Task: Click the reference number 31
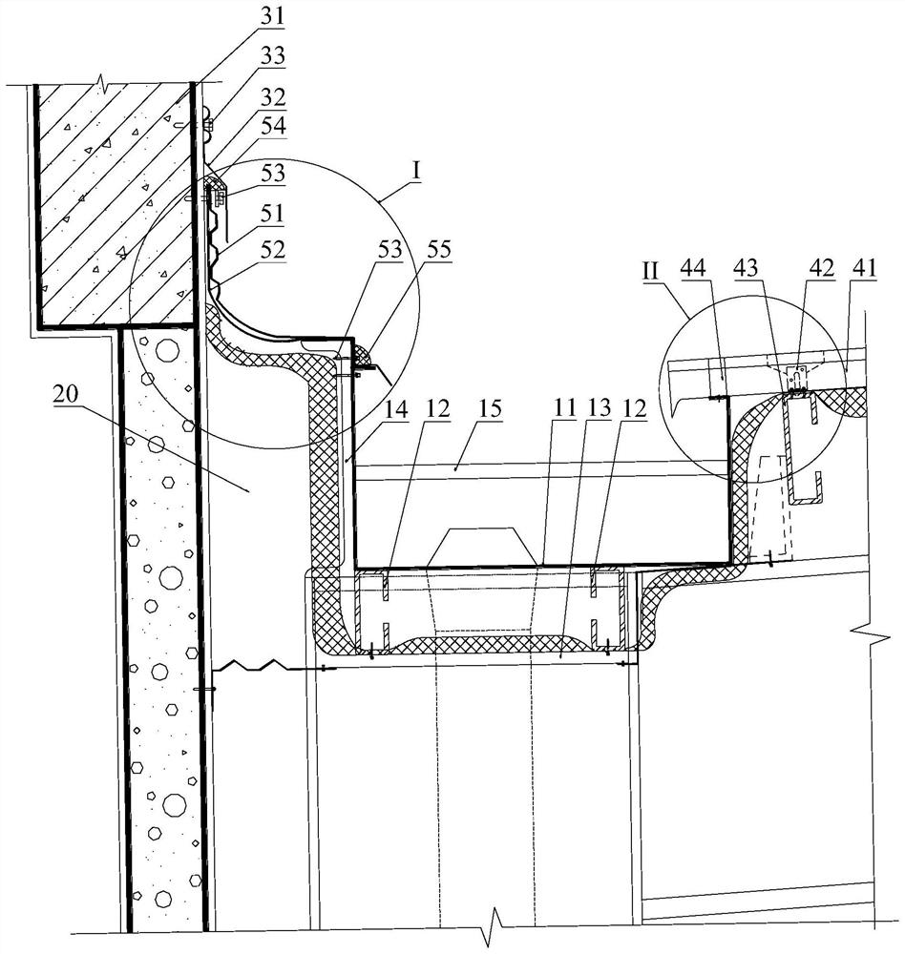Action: tap(272, 15)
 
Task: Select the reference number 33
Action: tap(272, 56)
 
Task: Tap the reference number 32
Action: tap(272, 96)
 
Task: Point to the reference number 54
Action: tap(272, 128)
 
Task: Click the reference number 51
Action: tap(272, 213)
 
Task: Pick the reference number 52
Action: tap(272, 249)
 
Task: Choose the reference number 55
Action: tap(437, 249)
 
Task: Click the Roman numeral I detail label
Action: tap(416, 172)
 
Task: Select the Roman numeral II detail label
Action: tap(650, 270)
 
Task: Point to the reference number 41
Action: tap(864, 268)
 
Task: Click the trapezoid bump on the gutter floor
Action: tap(481, 547)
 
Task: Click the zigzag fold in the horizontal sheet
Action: tap(251, 664)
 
